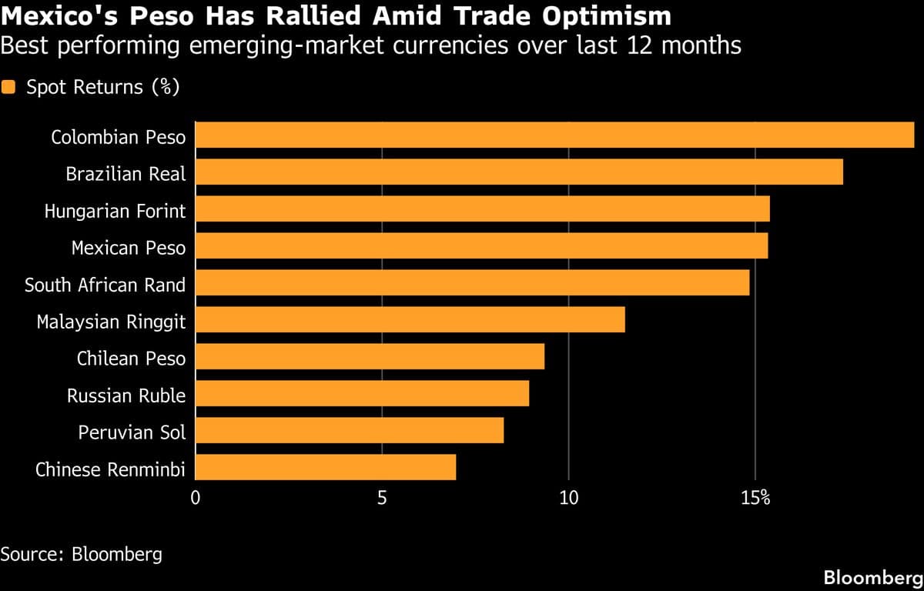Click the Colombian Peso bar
(554, 135)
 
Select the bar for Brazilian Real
(519, 172)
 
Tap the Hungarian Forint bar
(482, 209)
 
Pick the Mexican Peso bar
(481, 247)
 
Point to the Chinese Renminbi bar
(325, 467)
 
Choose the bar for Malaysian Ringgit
(410, 320)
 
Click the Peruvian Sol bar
(349, 431)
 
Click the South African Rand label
(105, 285)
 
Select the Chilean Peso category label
(131, 358)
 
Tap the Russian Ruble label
(126, 396)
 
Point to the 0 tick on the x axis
(196, 499)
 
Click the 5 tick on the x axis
(382, 499)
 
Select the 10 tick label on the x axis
(568, 499)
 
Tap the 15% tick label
(755, 499)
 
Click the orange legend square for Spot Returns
(8, 87)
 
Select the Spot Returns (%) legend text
(102, 87)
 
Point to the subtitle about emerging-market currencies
(370, 45)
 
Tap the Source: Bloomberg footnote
(81, 554)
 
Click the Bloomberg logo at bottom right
(872, 577)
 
